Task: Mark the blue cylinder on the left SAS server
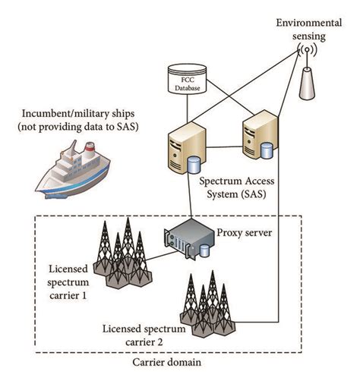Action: (x=196, y=165)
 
